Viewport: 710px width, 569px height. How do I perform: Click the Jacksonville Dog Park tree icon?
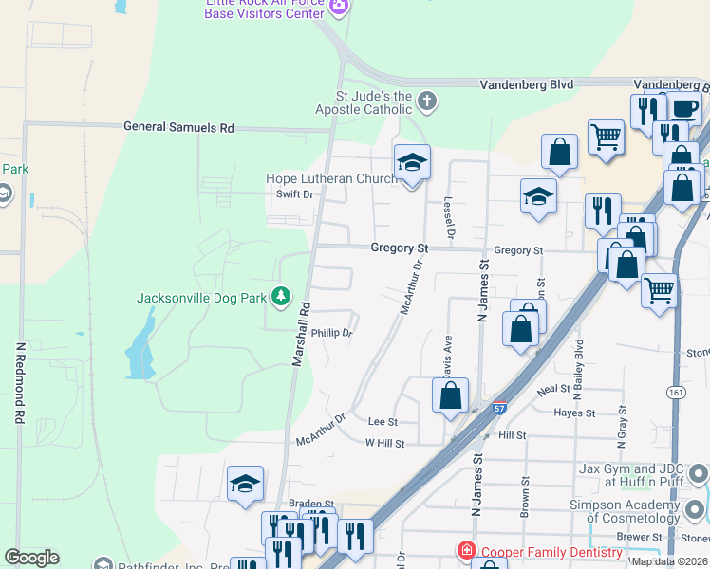280,297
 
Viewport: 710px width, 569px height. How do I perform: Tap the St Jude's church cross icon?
427,101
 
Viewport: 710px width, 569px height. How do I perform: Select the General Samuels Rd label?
178,127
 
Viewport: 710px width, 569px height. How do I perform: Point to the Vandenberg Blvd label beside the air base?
527,84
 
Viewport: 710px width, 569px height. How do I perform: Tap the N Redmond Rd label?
19,382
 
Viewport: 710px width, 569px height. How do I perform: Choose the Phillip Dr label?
332,334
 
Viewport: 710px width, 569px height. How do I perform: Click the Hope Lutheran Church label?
329,179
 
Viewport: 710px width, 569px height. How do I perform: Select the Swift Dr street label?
294,194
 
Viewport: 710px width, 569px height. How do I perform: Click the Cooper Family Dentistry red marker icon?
465,549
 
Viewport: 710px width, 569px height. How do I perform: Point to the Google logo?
31,558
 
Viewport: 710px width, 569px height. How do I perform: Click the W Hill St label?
385,443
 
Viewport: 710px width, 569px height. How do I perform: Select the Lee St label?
382,421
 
